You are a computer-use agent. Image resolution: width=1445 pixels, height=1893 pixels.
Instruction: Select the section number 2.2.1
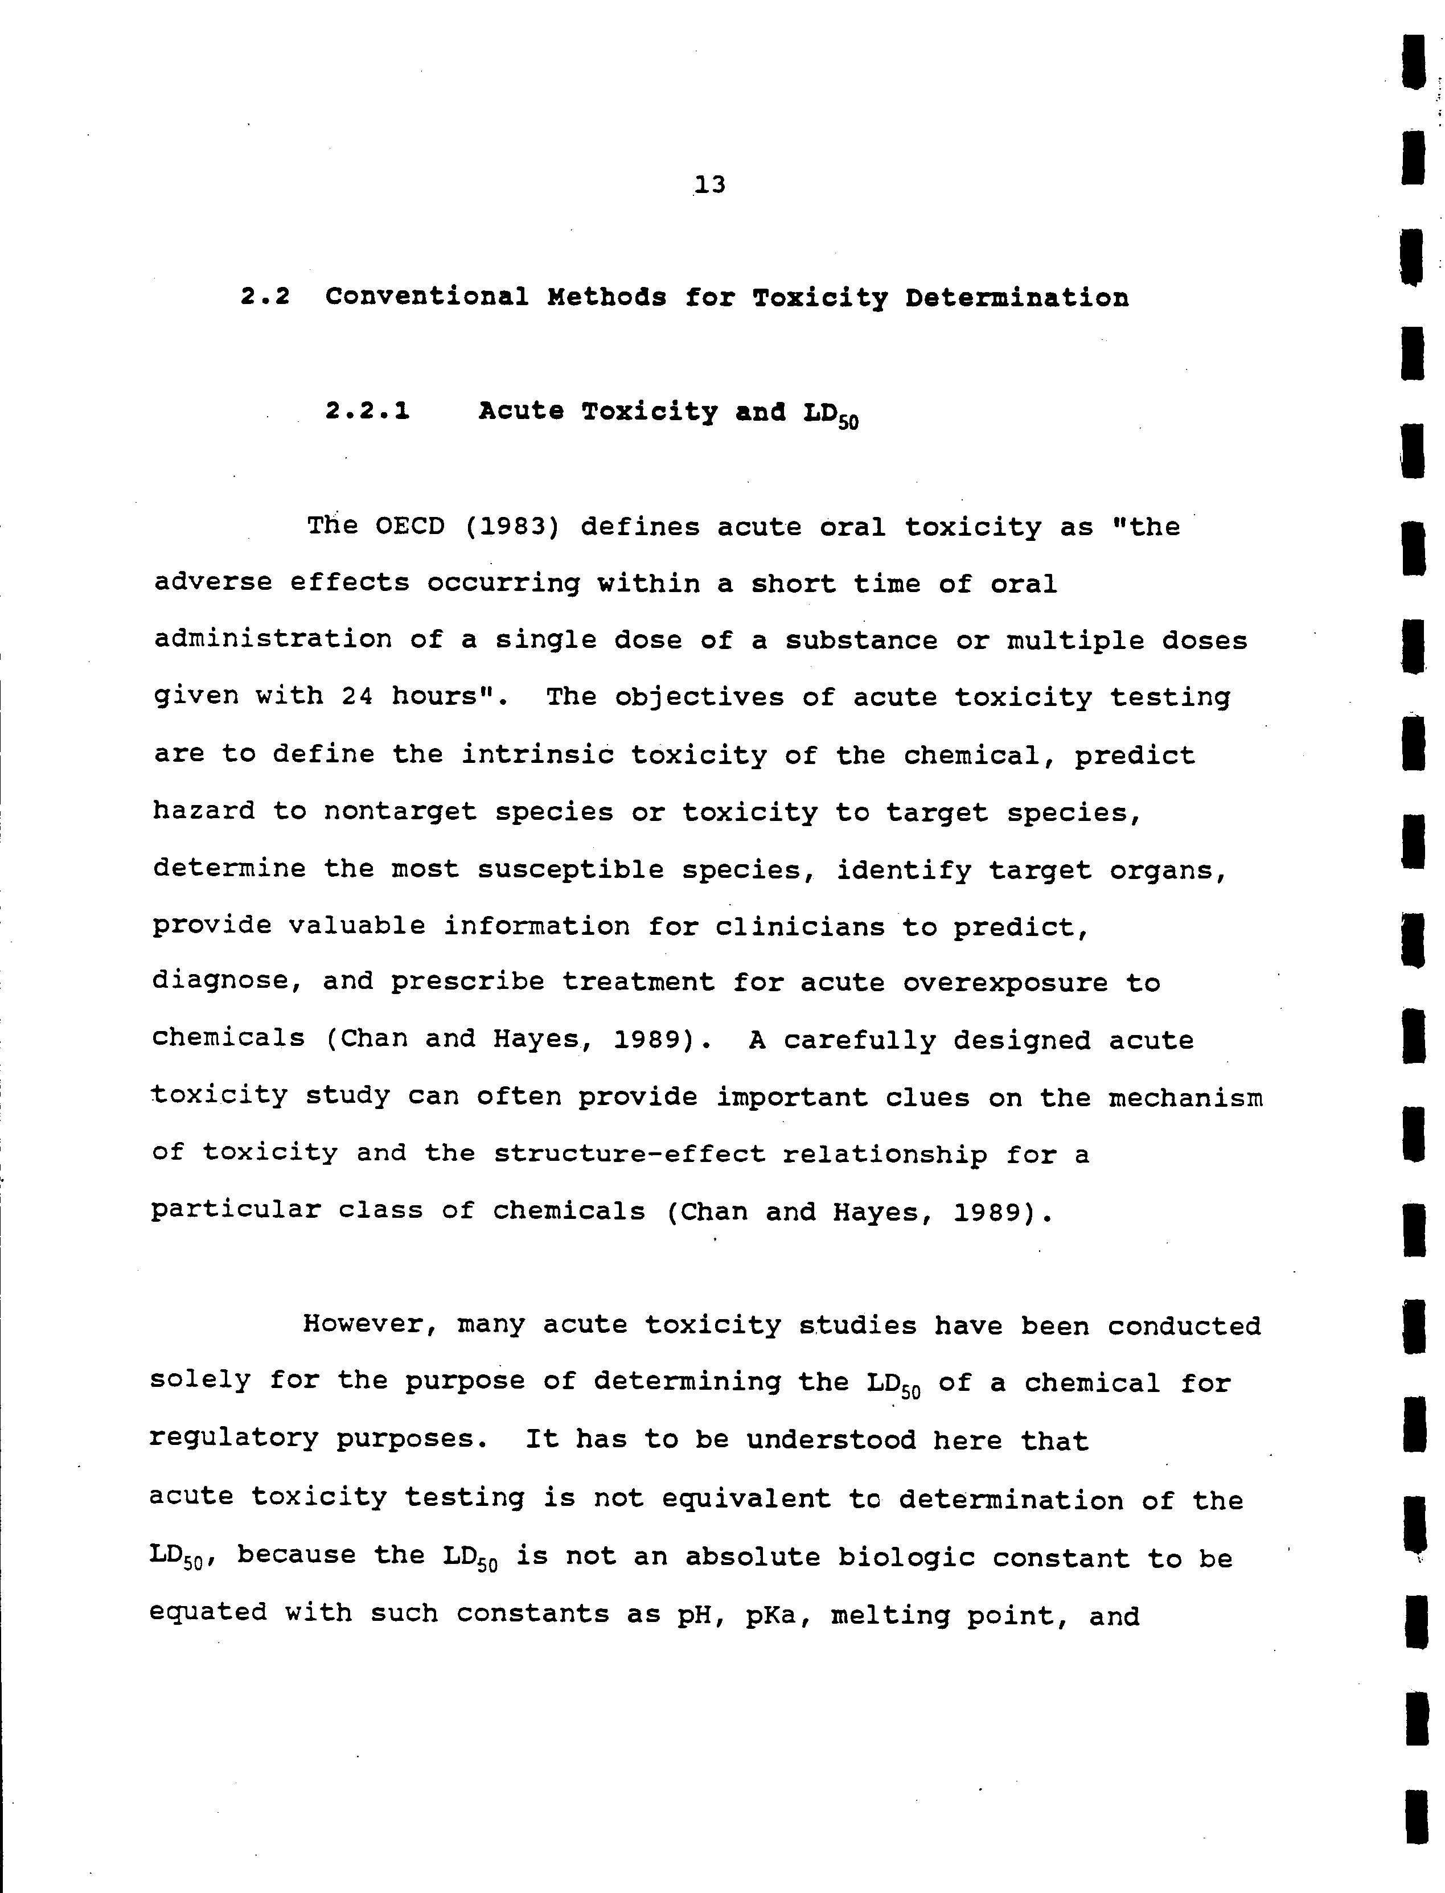[x=367, y=412]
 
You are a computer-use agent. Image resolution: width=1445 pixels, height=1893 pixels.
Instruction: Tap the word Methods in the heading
[x=606, y=298]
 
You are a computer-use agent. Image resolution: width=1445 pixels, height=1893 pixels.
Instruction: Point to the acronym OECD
[x=410, y=527]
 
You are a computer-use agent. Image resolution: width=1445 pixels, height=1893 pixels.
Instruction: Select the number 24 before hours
[x=358, y=696]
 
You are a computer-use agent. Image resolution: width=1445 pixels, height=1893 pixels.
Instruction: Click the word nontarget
[x=400, y=812]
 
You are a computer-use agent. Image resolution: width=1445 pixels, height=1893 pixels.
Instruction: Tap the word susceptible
[x=570, y=869]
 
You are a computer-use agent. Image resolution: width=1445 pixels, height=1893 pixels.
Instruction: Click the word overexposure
[x=1005, y=983]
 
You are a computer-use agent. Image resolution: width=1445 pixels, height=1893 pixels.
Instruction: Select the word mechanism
[x=1185, y=1098]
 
